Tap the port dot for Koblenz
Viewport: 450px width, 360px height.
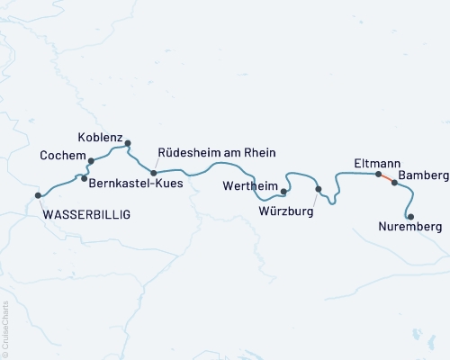point(128,143)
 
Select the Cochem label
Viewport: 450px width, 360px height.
point(63,156)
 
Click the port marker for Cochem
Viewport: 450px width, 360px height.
point(91,161)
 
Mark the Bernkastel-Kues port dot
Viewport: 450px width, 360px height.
point(84,178)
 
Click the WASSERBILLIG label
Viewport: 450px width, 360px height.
point(86,214)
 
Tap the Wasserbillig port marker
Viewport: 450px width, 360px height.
point(38,195)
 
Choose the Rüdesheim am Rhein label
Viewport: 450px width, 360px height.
point(216,152)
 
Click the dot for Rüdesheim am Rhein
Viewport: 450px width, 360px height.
point(153,173)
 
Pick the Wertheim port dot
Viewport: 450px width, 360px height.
point(283,191)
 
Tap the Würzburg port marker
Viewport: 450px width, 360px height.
point(319,188)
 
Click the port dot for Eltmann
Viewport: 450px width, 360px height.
point(379,174)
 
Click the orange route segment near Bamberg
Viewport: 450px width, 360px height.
point(387,178)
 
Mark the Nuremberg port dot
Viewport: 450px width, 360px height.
point(410,217)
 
